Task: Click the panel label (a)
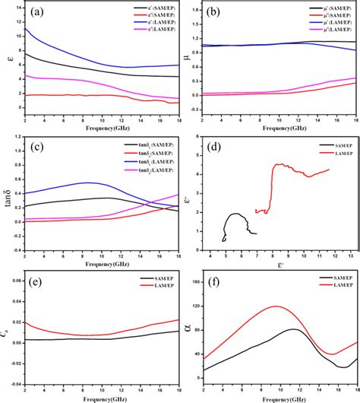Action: pos(36,12)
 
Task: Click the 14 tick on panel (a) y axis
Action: pos(18,8)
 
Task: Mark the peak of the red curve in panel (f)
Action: pos(274,306)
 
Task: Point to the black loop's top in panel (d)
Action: pos(236,214)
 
